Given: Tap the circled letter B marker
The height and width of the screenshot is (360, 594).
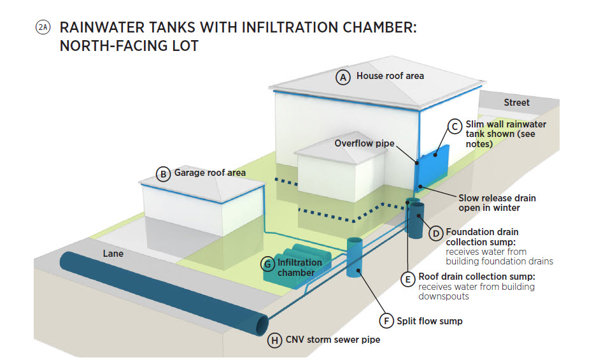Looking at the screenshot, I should pyautogui.click(x=164, y=173).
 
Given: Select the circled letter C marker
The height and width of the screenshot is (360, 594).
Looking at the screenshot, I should pyautogui.click(x=454, y=126).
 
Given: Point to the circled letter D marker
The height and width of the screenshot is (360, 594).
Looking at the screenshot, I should pyautogui.click(x=435, y=233).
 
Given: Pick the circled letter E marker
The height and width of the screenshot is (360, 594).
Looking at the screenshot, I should pyautogui.click(x=407, y=278).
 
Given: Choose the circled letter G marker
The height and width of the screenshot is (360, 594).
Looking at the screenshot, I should pyautogui.click(x=269, y=263).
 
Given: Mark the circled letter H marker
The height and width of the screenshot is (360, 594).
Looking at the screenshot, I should pyautogui.click(x=274, y=340).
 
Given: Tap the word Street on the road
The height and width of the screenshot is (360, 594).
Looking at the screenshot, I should pyautogui.click(x=516, y=103).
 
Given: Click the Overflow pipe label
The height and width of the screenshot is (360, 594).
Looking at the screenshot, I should pyautogui.click(x=365, y=143).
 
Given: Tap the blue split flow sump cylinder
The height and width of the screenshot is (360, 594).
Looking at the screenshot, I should pyautogui.click(x=355, y=258).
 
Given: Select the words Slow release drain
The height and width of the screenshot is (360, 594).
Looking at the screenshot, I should pyautogui.click(x=497, y=198).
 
